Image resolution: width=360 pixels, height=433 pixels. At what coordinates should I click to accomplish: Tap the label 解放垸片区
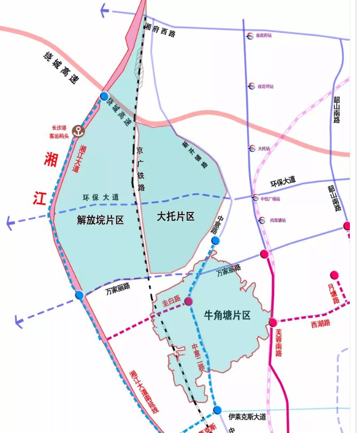click(x=101, y=219)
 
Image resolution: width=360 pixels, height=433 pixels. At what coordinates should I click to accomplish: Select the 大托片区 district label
click(x=175, y=217)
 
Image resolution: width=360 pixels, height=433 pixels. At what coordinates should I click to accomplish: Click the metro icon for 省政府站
click(x=250, y=36)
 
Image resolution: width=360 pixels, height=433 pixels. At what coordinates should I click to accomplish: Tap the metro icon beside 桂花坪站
click(x=250, y=86)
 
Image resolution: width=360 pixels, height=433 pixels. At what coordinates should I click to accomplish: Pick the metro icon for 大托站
click(x=251, y=149)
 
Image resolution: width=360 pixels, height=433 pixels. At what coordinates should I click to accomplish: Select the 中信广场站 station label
click(x=270, y=199)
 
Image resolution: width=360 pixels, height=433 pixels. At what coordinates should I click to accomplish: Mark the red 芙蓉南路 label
click(x=279, y=343)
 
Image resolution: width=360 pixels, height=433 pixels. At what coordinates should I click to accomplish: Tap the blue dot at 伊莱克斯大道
click(x=217, y=410)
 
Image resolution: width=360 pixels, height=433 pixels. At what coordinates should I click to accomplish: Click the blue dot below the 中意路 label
click(x=215, y=241)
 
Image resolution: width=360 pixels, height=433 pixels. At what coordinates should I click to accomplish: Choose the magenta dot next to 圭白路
click(x=189, y=301)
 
